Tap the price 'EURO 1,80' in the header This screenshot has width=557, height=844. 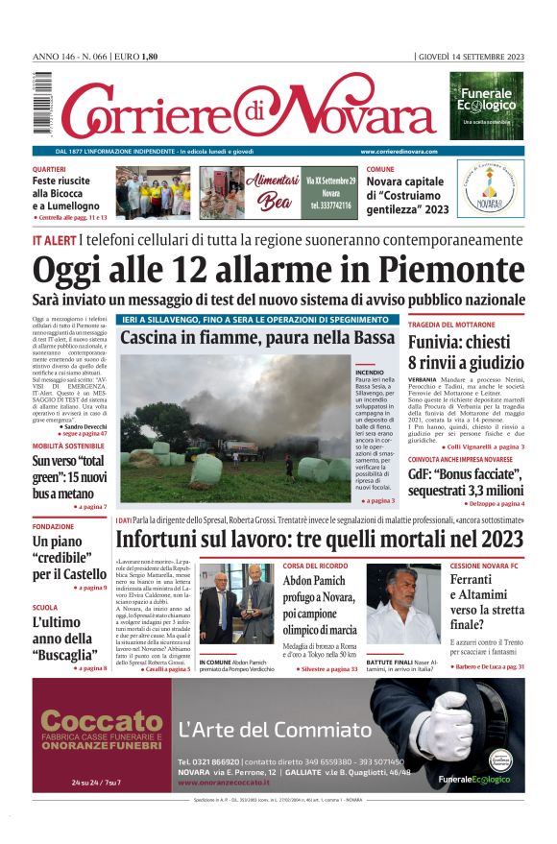tap(136, 57)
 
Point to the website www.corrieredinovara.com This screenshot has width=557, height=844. tap(399, 152)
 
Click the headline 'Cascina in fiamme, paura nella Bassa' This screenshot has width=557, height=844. tap(257, 338)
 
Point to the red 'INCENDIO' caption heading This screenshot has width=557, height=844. tap(370, 371)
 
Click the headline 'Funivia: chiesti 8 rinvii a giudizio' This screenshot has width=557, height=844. tap(465, 351)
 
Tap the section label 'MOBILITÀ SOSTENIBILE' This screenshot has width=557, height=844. tap(68, 446)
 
